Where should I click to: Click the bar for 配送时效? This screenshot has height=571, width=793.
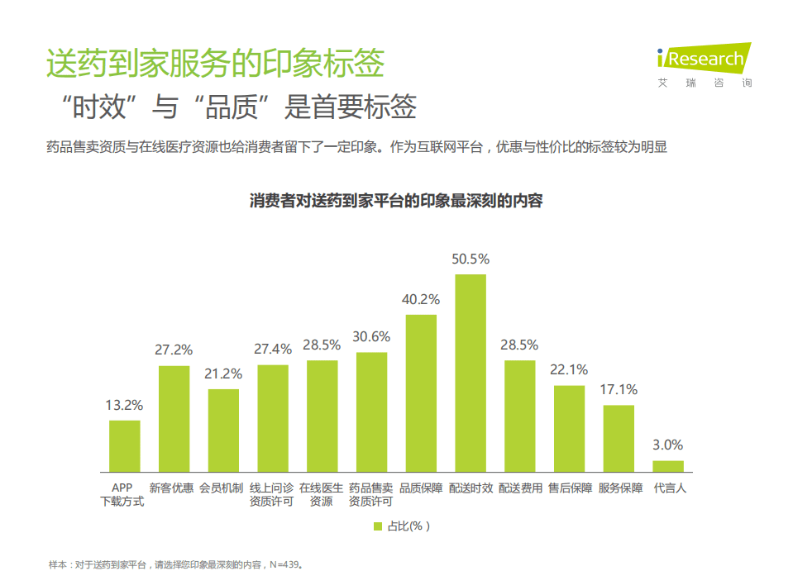tap(471, 373)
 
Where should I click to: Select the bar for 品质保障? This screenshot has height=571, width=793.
tap(421, 393)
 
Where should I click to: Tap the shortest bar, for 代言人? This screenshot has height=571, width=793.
tap(668, 466)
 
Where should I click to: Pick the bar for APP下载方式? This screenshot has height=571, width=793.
tap(125, 446)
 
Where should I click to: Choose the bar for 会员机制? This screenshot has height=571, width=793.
tap(223, 431)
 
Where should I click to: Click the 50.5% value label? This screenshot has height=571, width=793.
tap(471, 259)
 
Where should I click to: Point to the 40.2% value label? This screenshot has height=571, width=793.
tap(421, 299)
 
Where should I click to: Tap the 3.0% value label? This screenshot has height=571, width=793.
tap(668, 445)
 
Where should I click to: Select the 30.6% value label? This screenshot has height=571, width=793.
tap(371, 336)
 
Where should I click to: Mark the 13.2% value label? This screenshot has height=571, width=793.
tap(125, 405)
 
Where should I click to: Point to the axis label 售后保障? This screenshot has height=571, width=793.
tap(570, 488)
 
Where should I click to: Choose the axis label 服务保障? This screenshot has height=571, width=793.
tap(620, 488)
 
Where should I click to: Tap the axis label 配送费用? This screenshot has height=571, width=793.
tap(520, 488)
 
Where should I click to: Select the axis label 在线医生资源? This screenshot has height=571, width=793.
tap(321, 494)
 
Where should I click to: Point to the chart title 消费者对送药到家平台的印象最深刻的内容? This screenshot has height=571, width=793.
tap(396, 201)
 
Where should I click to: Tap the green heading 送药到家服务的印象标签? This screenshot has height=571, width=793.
tap(215, 64)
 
